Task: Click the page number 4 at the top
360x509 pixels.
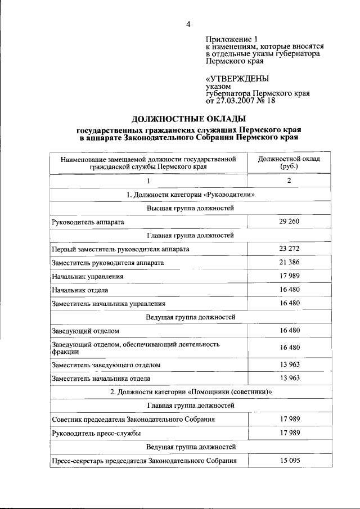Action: click(x=188, y=24)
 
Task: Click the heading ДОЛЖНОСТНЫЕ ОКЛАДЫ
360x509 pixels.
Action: click(x=188, y=119)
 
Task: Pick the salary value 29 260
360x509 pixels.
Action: click(x=289, y=222)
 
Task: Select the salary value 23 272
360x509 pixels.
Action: click(x=289, y=249)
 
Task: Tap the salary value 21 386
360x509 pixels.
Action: click(x=289, y=263)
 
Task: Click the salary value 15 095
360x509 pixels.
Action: click(x=289, y=461)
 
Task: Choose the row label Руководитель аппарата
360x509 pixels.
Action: click(x=88, y=222)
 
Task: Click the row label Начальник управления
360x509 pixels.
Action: click(x=87, y=277)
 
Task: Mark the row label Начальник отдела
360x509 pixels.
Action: click(x=79, y=290)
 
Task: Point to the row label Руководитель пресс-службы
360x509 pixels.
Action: click(x=96, y=433)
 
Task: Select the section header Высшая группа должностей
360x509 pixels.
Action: click(x=186, y=208)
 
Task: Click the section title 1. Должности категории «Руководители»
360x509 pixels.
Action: click(x=186, y=195)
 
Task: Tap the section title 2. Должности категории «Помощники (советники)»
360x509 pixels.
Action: click(x=186, y=392)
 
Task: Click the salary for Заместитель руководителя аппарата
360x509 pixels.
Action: click(x=289, y=263)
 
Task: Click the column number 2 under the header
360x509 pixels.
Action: click(x=289, y=181)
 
